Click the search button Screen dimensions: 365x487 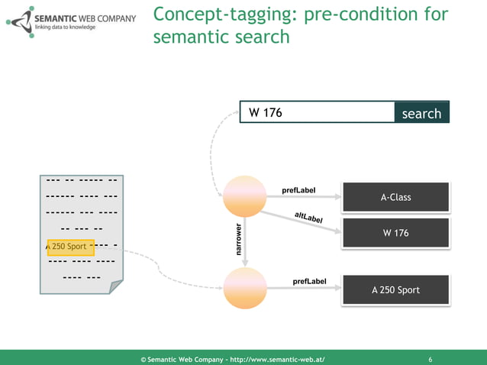click(x=421, y=113)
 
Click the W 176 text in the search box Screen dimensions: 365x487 click(x=266, y=113)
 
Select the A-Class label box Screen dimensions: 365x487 click(x=395, y=197)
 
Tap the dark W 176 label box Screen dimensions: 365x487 click(x=395, y=233)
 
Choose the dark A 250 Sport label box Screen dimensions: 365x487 click(x=395, y=290)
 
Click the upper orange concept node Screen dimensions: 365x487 click(x=244, y=196)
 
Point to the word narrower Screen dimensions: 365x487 click(x=237, y=239)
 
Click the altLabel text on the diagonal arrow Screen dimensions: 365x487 click(x=308, y=218)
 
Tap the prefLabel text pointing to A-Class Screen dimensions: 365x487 click(x=298, y=190)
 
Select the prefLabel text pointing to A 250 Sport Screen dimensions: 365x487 click(x=309, y=282)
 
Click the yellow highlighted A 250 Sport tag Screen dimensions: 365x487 click(x=69, y=247)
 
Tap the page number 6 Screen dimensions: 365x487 click(x=431, y=359)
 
